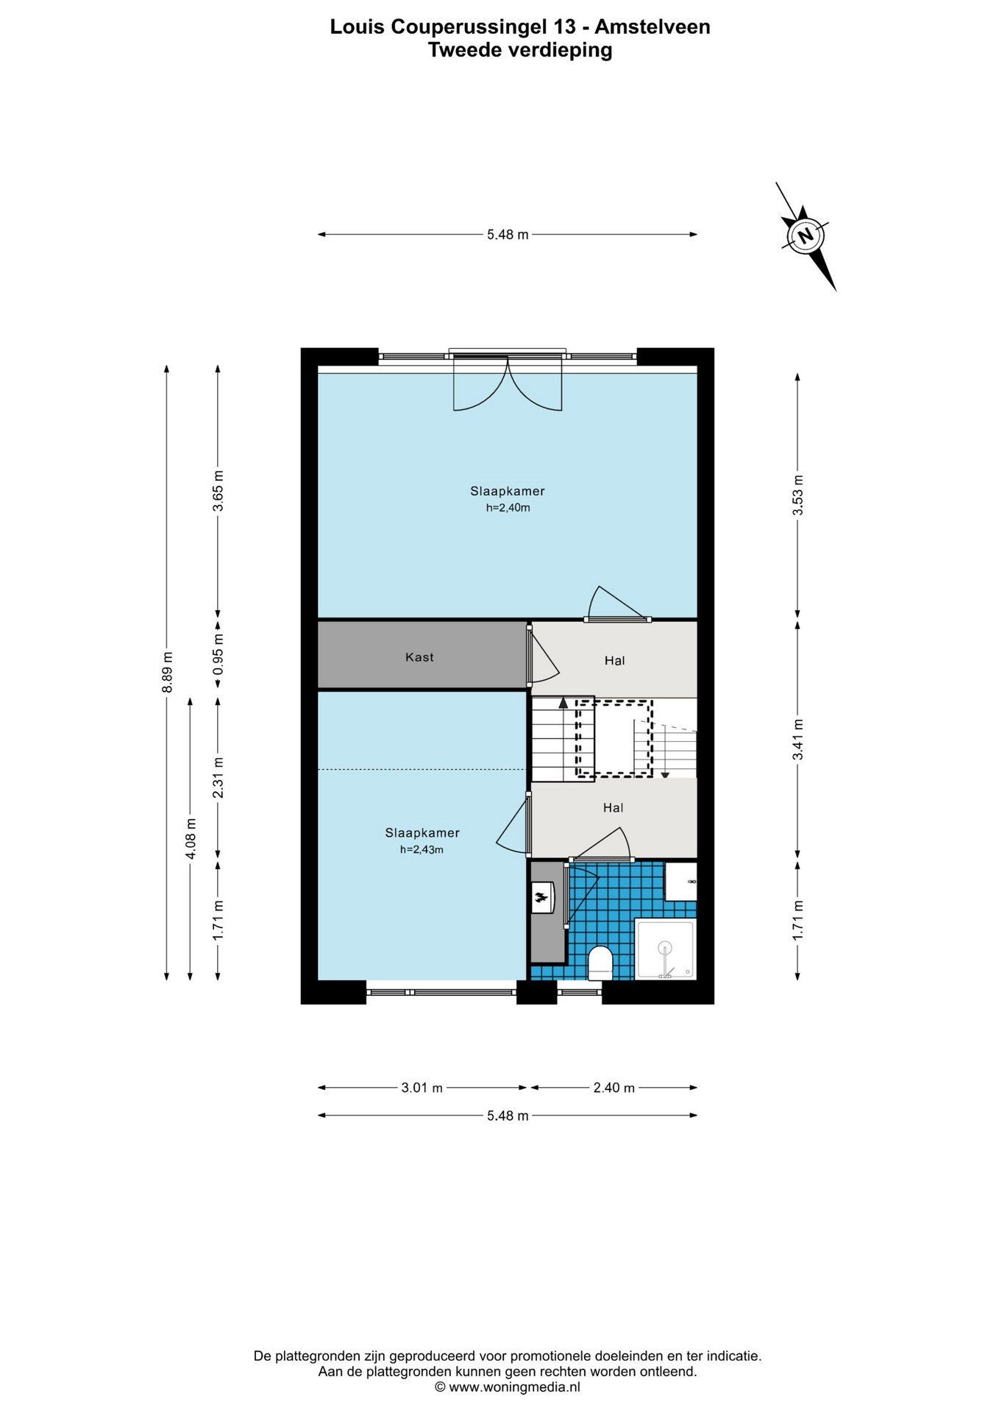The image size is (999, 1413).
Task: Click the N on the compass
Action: (x=806, y=236)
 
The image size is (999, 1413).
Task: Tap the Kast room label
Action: (x=419, y=657)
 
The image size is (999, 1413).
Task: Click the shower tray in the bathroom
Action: (x=666, y=949)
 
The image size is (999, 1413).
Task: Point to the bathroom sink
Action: (x=680, y=881)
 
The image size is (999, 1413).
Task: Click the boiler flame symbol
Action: (x=541, y=897)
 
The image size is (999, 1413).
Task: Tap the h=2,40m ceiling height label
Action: (x=508, y=508)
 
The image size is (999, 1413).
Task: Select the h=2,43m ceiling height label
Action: (x=422, y=849)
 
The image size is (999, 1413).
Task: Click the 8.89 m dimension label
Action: (x=167, y=672)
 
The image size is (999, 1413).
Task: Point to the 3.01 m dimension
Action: (x=422, y=1088)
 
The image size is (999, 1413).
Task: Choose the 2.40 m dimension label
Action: (x=614, y=1088)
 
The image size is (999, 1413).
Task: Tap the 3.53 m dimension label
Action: (x=797, y=496)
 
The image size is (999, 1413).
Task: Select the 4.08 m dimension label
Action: (x=191, y=838)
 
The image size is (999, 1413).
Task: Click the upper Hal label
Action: (x=614, y=661)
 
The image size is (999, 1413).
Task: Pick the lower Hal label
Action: (x=613, y=808)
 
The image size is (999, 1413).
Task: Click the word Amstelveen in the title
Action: (x=653, y=26)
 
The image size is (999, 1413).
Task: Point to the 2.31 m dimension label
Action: (x=218, y=778)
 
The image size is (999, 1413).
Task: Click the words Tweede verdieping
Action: (x=520, y=50)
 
